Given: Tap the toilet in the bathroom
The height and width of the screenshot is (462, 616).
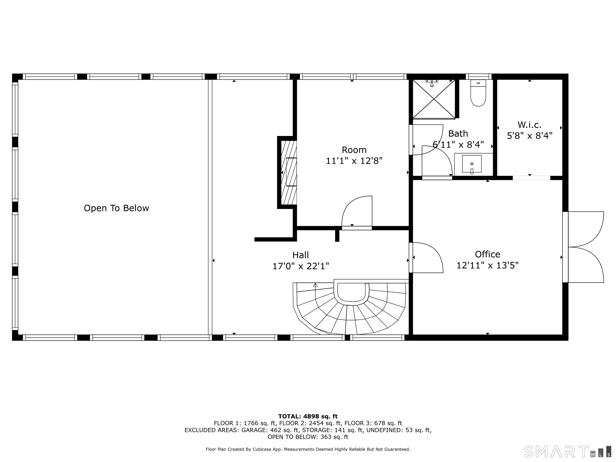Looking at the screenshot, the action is [478, 93].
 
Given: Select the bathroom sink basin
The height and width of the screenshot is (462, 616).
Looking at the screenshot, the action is [472, 164].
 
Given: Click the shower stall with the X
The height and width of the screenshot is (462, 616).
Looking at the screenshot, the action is [434, 99].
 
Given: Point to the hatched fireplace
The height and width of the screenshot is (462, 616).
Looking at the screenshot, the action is [289, 172].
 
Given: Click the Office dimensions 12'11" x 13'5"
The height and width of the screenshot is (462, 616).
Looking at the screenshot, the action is [488, 265].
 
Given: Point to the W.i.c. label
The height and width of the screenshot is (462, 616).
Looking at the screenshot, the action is [529, 125].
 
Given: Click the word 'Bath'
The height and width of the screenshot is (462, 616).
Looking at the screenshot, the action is [458, 134].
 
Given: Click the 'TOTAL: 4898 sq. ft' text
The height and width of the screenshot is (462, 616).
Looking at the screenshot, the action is [308, 416].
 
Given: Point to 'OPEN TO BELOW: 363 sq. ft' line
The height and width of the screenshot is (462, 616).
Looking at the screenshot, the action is [308, 437].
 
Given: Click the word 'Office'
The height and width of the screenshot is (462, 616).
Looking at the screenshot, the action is [488, 254].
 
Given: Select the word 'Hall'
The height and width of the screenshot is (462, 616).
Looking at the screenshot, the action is [301, 255].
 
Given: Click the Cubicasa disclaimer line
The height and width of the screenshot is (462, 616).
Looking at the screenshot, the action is [308, 449].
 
